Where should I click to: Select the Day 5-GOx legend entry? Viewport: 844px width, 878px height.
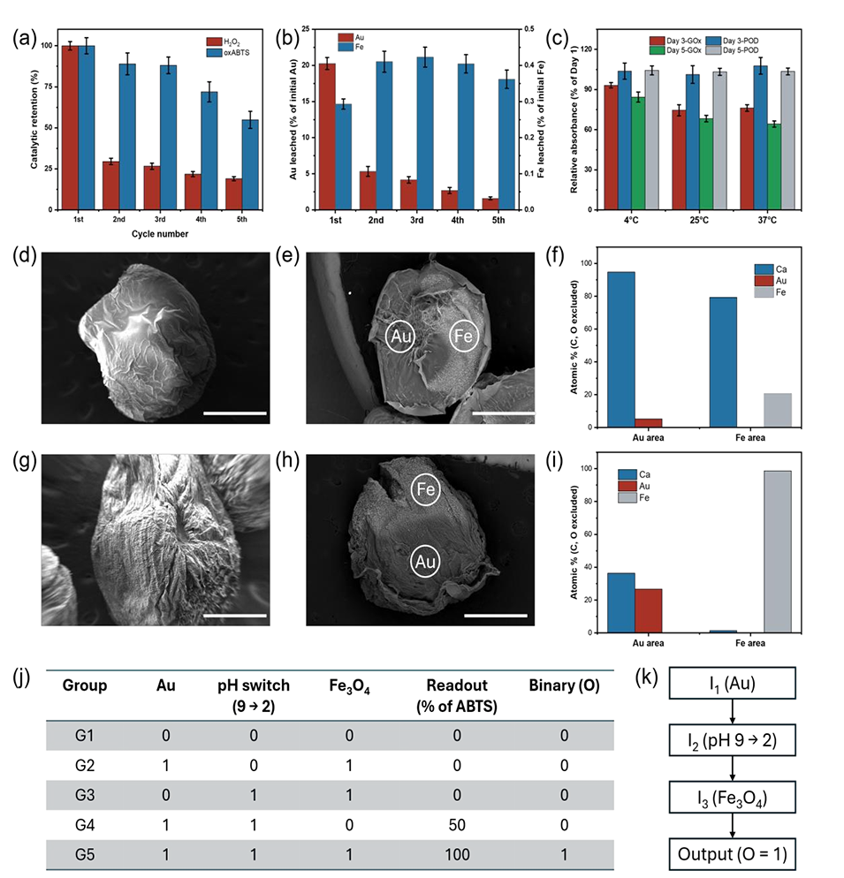[x=658, y=51]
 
